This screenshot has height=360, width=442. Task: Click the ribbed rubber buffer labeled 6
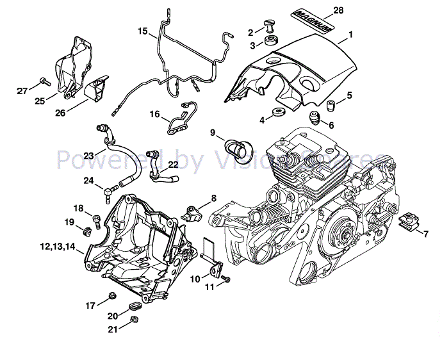315,118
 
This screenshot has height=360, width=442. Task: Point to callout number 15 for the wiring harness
142,30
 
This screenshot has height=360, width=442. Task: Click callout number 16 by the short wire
154,114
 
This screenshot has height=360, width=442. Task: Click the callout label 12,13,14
57,246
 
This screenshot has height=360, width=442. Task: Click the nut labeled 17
111,295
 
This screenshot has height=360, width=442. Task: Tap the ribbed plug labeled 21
133,320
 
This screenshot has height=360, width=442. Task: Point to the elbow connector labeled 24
110,188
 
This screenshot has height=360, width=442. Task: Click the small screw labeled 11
225,277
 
